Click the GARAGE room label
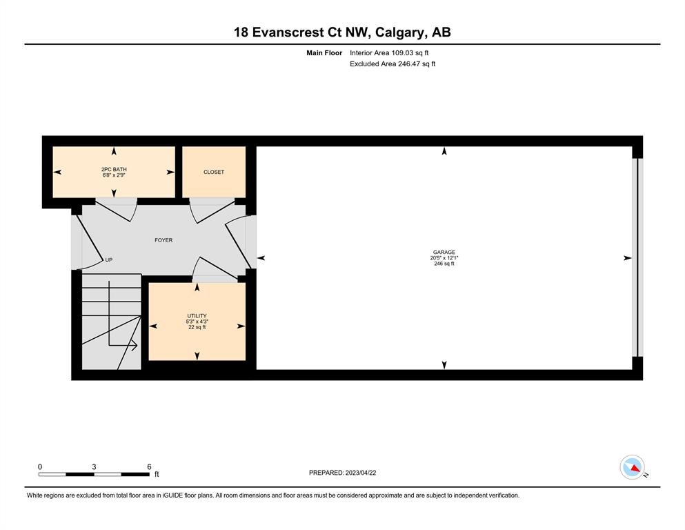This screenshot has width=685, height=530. [444, 252]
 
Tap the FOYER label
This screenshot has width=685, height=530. [163, 240]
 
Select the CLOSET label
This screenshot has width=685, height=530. [214, 172]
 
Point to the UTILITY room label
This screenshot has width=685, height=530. [197, 315]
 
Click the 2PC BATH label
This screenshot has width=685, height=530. [114, 169]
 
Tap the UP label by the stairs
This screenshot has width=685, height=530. [109, 259]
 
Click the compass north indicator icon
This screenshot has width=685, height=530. [632, 467]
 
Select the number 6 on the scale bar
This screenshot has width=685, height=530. [149, 467]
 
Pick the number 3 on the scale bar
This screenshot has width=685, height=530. [94, 467]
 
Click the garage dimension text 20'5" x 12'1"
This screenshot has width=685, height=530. [444, 258]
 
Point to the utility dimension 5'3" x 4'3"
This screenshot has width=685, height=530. [197, 321]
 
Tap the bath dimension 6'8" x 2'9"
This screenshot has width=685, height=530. [114, 175]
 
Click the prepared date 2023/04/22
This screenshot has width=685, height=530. [361, 473]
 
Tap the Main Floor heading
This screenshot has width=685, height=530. [324, 53]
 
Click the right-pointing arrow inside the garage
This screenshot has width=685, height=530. [627, 258]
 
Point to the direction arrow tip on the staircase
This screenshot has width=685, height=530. [137, 346]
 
